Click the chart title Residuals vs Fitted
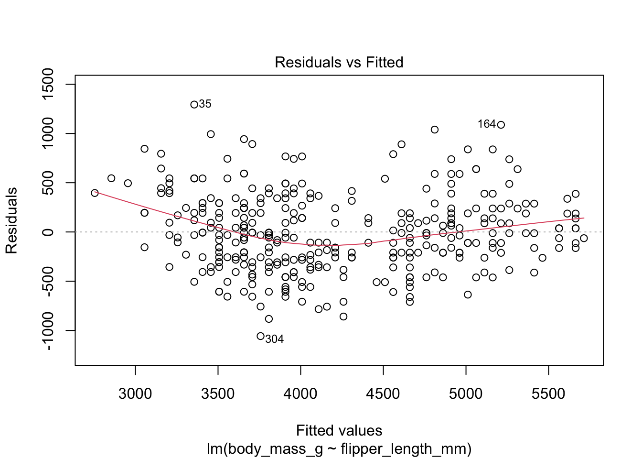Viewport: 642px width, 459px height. click(339, 62)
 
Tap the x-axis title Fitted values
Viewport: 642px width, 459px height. click(339, 430)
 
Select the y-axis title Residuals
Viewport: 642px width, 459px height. click(11, 220)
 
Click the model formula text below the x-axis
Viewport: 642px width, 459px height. click(339, 448)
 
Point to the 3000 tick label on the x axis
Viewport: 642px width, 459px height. click(135, 393)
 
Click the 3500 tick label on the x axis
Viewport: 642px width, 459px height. click(218, 393)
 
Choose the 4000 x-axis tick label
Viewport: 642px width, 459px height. click(300, 393)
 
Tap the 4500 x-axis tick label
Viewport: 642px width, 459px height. click(383, 393)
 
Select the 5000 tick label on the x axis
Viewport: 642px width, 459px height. click(466, 393)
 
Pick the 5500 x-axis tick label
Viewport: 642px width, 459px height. click(548, 393)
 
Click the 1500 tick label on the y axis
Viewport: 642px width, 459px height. click(48, 84)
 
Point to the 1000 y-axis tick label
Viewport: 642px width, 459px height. click(48, 133)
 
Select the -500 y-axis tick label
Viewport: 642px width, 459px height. click(48, 281)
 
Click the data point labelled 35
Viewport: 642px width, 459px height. click(194, 104)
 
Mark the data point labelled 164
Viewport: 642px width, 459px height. click(501, 125)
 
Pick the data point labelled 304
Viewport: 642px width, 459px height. click(260, 336)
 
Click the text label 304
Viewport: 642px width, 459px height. click(274, 339)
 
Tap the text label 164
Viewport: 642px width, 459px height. click(487, 124)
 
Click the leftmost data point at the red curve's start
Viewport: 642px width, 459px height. click(95, 193)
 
